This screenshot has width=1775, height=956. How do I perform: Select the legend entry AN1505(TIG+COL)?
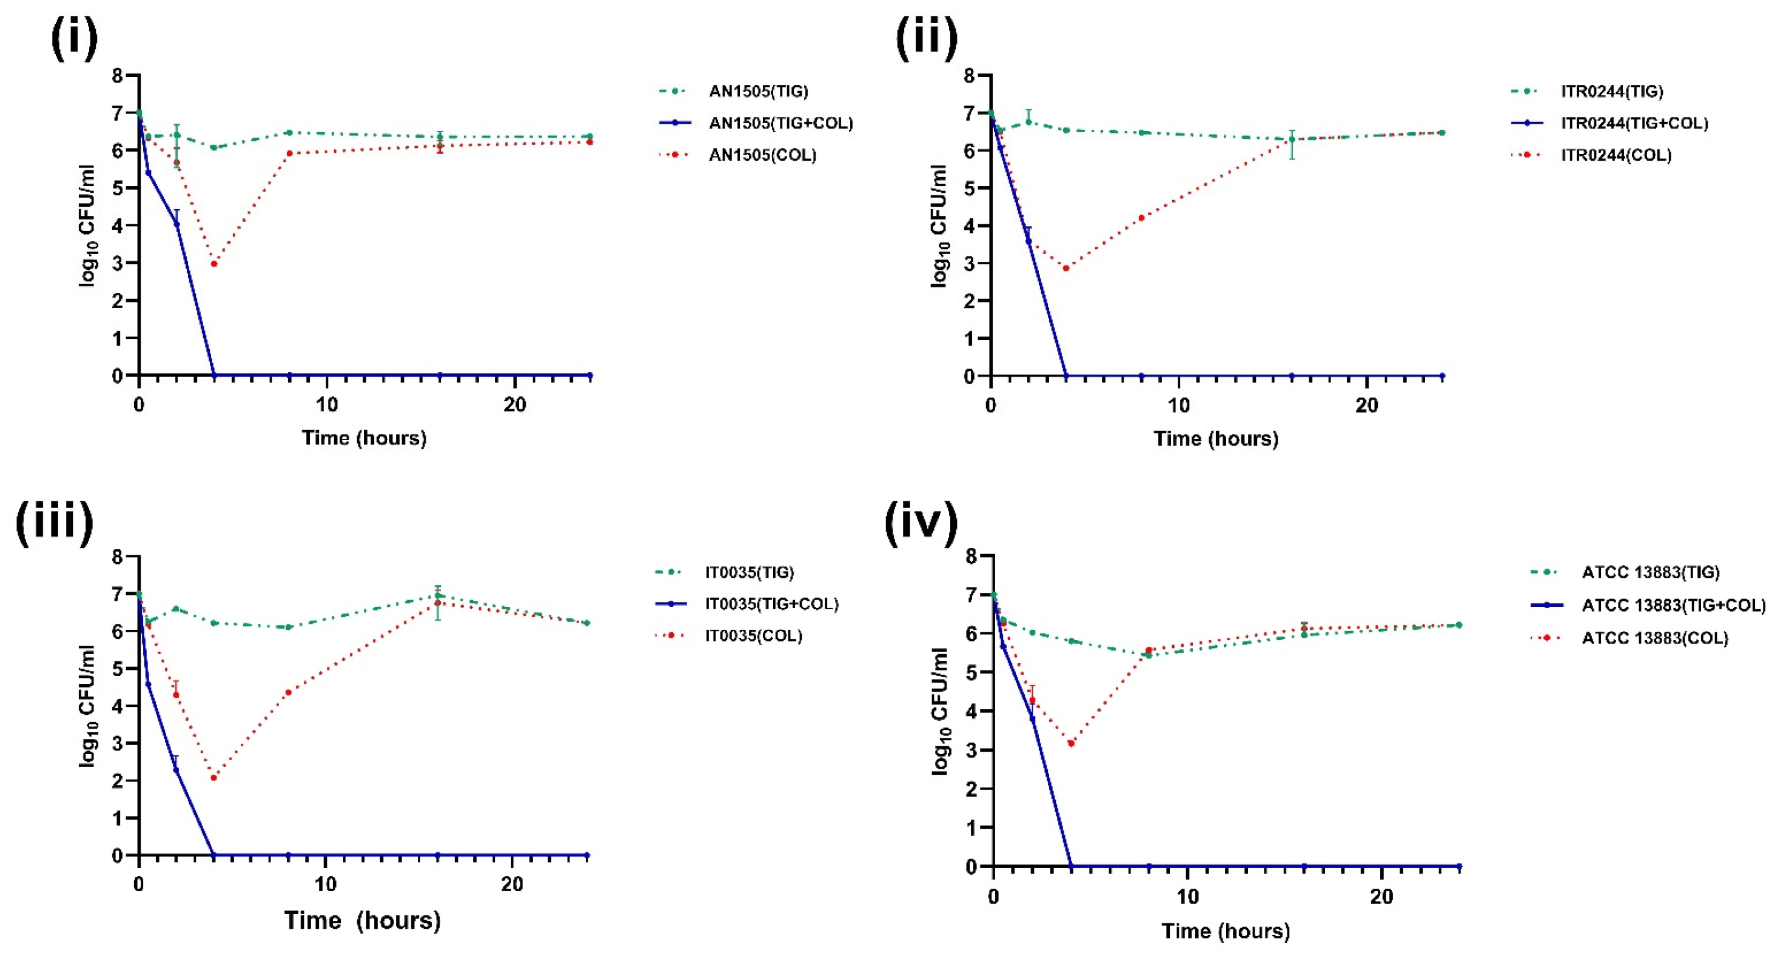pos(780,123)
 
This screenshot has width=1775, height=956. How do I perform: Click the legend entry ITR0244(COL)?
pos(1616,155)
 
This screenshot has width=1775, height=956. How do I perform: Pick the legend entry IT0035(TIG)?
pos(749,572)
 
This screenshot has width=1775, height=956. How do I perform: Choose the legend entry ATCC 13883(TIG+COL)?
pos(1673,606)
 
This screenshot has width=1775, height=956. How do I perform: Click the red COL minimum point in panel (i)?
pos(214,264)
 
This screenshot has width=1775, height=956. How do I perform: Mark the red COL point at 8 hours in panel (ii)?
pos(1141,218)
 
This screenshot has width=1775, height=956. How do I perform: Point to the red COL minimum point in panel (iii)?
pos(213,778)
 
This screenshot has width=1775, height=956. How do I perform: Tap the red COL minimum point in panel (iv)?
pos(1071,744)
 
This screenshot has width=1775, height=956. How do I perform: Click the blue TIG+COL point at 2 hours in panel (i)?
pos(176,224)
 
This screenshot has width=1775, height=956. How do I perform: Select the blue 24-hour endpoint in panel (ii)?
pos(1442,376)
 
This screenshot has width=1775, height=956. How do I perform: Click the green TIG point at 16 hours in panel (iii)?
pos(438,595)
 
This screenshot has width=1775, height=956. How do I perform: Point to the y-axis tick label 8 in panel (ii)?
pos(970,75)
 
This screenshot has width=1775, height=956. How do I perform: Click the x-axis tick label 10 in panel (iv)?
pos(1187,897)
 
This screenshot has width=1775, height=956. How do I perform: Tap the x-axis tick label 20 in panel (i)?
pos(515,405)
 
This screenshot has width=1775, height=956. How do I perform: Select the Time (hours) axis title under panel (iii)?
pos(363,920)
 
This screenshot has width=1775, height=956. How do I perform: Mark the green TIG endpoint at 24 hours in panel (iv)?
pos(1458,626)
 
